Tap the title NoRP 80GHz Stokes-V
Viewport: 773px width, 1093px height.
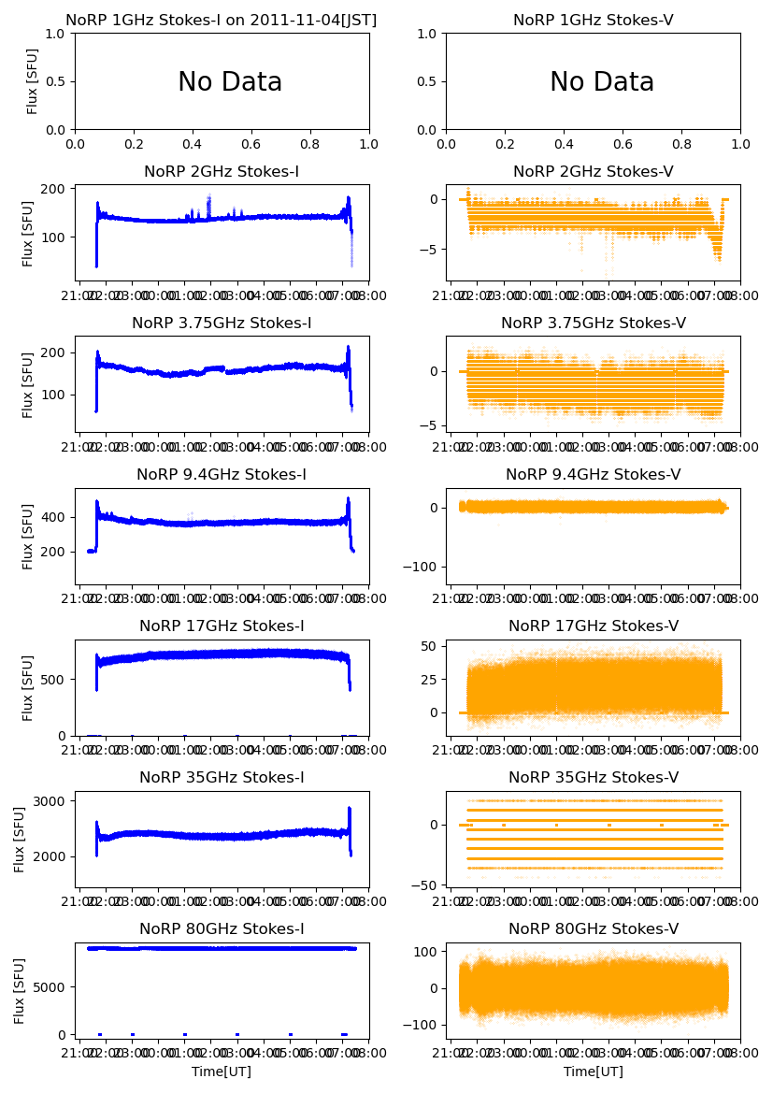coord(594,929)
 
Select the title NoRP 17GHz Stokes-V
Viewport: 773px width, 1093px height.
coord(594,626)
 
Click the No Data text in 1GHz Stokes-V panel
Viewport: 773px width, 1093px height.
coord(602,82)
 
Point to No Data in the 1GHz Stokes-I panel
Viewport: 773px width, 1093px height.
coord(230,82)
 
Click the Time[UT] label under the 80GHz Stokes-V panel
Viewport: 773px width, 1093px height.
coord(594,1071)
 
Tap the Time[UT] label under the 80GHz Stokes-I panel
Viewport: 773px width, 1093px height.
coord(222,1071)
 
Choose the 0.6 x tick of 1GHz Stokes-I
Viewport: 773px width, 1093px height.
coord(251,145)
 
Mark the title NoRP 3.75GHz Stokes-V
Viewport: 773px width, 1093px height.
coord(594,324)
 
